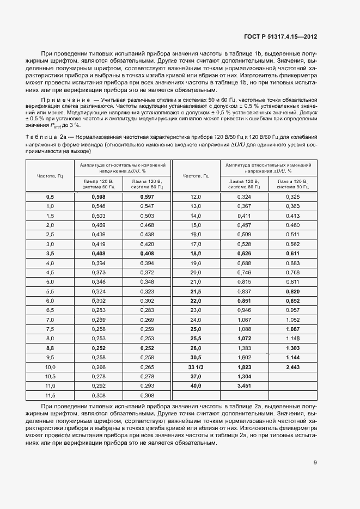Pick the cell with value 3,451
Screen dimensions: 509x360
point(245,385)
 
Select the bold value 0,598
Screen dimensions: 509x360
point(99,197)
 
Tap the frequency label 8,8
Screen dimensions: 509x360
point(50,347)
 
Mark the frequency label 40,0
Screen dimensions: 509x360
point(196,385)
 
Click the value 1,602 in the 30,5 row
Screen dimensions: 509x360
point(245,357)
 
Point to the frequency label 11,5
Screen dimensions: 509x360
point(50,395)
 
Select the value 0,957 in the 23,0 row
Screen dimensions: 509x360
point(292,310)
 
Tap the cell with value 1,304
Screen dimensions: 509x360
point(245,376)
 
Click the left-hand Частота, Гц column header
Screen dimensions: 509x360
point(50,175)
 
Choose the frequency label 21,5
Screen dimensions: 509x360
point(196,291)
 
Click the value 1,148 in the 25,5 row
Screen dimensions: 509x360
point(292,338)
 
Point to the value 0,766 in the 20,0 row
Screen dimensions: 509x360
point(292,272)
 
